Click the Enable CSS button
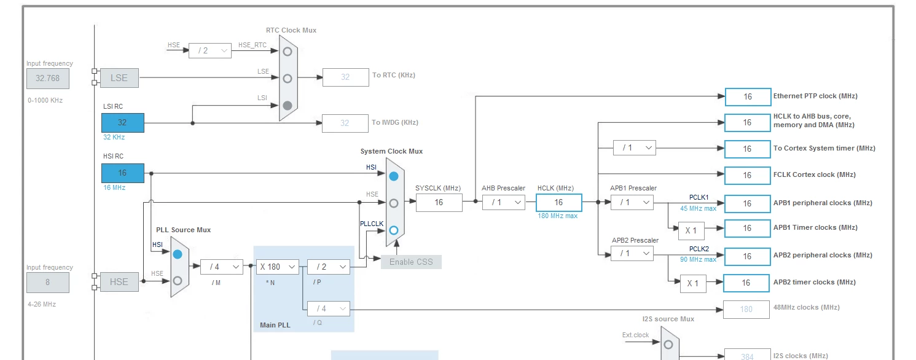[x=411, y=262]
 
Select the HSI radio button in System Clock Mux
[x=394, y=176]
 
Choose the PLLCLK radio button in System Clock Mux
[x=394, y=230]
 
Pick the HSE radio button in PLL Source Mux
[x=178, y=281]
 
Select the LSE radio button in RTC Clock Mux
[x=288, y=79]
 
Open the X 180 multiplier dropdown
[x=278, y=267]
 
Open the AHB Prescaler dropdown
[x=504, y=203]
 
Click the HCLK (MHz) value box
[x=559, y=203]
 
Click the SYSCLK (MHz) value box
[x=439, y=203]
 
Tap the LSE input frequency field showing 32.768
[x=48, y=79]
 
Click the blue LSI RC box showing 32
[x=123, y=123]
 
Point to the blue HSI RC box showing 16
[x=123, y=173]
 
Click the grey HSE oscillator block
[x=119, y=282]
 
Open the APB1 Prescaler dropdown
[x=632, y=203]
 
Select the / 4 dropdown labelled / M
[x=222, y=267]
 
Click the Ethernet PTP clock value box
[x=748, y=97]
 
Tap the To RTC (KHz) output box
[x=345, y=77]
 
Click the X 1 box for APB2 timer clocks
[x=693, y=283]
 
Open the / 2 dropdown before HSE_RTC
[x=209, y=51]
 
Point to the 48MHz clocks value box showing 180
[x=746, y=310]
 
